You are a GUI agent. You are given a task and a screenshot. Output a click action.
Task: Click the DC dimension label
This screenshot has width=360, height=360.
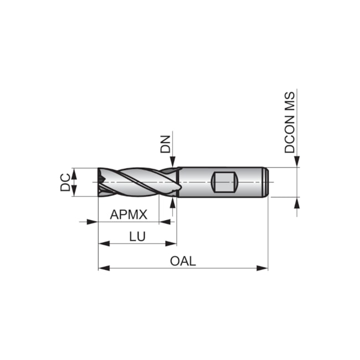pos(65,182)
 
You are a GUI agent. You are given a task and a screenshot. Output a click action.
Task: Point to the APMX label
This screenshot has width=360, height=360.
pos(128,214)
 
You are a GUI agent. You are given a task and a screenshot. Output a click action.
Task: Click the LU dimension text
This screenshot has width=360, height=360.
pos(137,236)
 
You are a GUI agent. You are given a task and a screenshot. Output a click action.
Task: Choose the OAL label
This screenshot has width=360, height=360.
pos(183,261)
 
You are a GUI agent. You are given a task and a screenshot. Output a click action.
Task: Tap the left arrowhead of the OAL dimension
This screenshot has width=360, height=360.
pos(102,269)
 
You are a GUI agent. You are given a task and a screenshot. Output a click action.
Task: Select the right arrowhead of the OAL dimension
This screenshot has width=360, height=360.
pos(264,269)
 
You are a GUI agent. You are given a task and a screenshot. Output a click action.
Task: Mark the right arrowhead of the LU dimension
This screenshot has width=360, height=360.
pos(172,243)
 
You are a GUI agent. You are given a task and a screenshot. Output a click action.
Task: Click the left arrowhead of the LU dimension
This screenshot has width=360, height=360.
pos(102,243)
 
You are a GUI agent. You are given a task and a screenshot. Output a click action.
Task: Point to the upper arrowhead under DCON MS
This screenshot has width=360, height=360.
pos(297,161)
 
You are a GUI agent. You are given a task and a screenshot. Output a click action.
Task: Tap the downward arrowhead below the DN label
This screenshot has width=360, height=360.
pos(173,162)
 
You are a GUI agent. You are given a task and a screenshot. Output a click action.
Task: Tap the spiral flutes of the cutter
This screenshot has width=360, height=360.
pos(138,182)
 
